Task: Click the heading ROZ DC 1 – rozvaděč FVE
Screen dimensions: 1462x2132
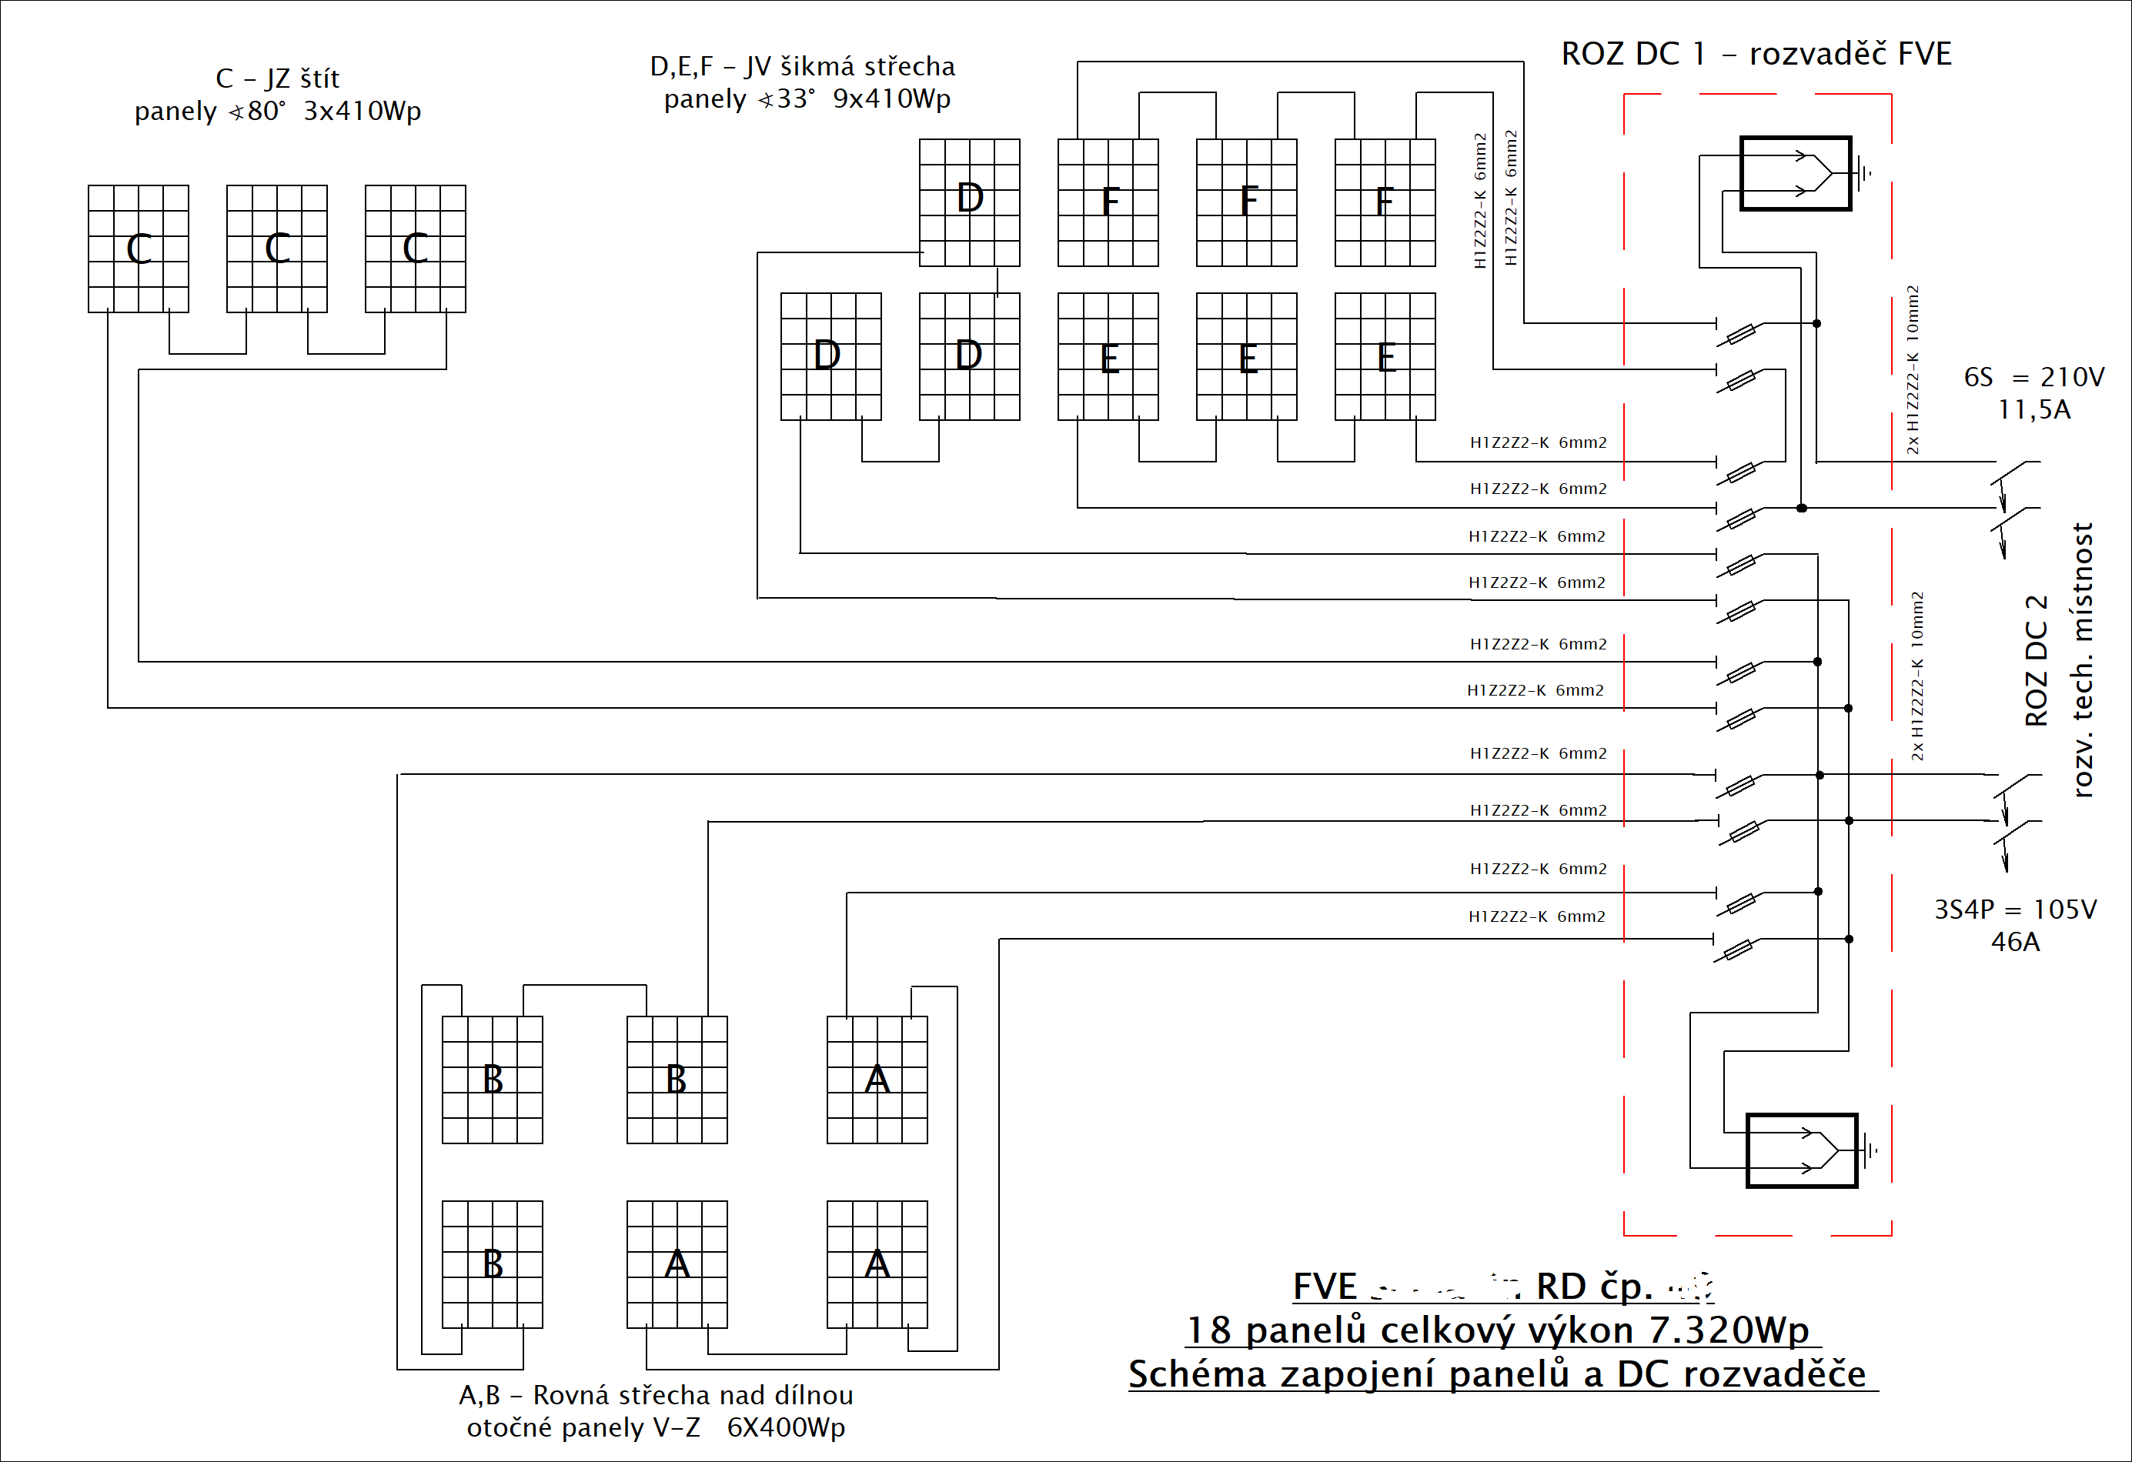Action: click(x=1756, y=54)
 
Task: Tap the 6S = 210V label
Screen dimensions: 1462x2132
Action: click(x=2033, y=377)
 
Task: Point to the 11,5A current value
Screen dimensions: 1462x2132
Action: click(x=2033, y=410)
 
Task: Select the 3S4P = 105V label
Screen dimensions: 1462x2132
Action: click(x=2016, y=909)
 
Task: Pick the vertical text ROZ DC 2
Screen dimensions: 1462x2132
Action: click(x=2036, y=660)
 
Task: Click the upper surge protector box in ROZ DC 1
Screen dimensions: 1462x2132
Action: click(x=1796, y=173)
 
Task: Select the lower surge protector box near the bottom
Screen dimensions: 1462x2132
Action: click(x=1801, y=1150)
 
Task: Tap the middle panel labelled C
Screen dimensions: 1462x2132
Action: click(x=277, y=249)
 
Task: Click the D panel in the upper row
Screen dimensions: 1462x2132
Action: click(x=970, y=202)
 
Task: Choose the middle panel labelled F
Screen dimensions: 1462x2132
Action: click(x=1247, y=202)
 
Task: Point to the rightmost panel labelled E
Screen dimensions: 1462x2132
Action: click(x=1385, y=357)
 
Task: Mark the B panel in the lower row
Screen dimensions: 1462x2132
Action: click(x=493, y=1264)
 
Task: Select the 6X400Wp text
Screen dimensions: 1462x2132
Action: click(x=785, y=1427)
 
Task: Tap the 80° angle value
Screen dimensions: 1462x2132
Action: click(x=266, y=111)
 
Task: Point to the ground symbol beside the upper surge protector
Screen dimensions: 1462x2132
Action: click(x=1864, y=172)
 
